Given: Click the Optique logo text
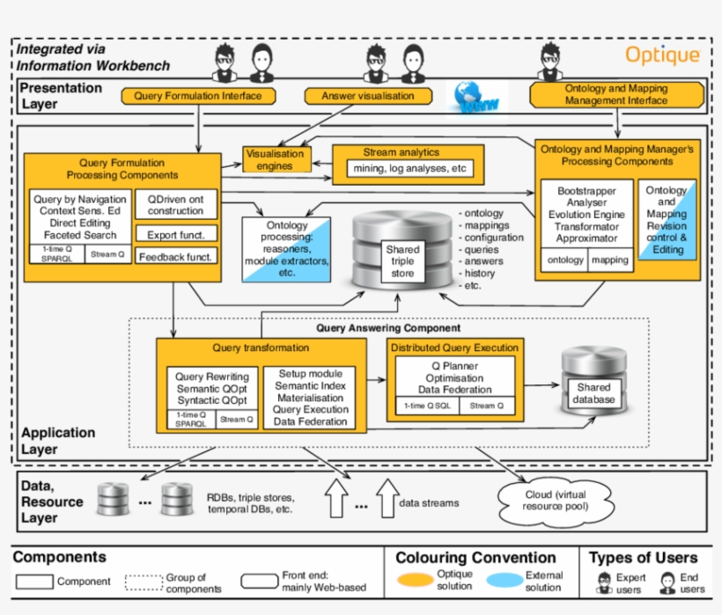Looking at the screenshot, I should click(662, 55).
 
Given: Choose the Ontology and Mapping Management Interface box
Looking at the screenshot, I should click(616, 95).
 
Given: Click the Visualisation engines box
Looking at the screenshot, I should click(275, 159).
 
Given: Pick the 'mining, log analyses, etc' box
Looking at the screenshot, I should click(409, 168).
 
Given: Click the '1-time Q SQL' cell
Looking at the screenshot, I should click(426, 406).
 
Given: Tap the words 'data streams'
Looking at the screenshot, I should click(430, 502).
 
